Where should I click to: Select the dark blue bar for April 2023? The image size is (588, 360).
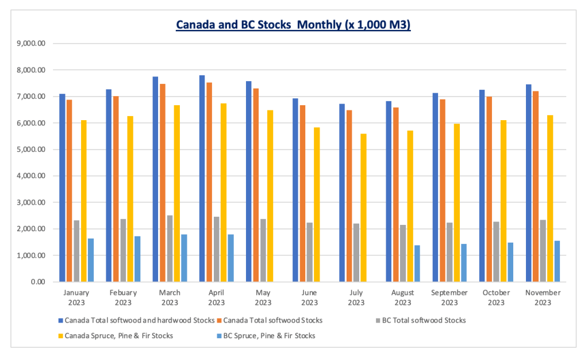[202, 178]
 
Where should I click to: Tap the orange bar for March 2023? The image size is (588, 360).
[163, 183]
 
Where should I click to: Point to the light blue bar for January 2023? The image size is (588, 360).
[91, 260]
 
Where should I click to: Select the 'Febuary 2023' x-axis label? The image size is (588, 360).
[123, 297]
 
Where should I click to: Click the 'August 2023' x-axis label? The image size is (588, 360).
[402, 297]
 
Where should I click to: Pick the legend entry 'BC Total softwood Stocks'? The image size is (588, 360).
[424, 320]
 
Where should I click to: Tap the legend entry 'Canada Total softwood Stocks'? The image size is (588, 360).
[273, 320]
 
